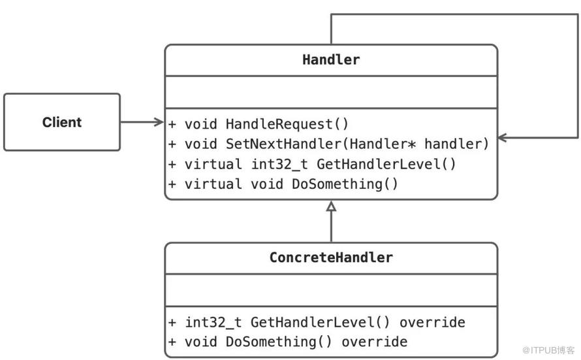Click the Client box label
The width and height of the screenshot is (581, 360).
[x=62, y=122]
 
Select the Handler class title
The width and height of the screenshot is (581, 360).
[x=331, y=59]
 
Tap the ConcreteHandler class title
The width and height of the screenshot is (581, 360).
[x=331, y=257]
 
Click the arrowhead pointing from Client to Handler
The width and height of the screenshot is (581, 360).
[x=159, y=122]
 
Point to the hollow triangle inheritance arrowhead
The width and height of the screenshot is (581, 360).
[x=331, y=206]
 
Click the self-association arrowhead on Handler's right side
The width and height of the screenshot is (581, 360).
[x=502, y=138]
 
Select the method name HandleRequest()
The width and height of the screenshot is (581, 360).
[x=287, y=124]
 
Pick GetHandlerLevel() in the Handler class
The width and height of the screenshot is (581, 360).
[x=386, y=164]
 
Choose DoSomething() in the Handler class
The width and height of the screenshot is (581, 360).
[x=345, y=184]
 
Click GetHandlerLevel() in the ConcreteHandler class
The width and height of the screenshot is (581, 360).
[x=320, y=322]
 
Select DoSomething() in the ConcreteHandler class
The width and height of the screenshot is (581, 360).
[x=279, y=342]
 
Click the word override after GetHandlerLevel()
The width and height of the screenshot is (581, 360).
[x=432, y=322]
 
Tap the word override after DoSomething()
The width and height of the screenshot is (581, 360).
[x=374, y=342]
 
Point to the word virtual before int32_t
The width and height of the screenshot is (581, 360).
[x=213, y=164]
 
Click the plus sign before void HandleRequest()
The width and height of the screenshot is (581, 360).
[x=172, y=124]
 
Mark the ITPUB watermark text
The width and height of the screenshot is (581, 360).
[x=549, y=350]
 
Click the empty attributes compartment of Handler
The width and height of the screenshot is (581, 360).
[x=331, y=92]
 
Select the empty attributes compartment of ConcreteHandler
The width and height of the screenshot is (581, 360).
[x=331, y=290]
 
